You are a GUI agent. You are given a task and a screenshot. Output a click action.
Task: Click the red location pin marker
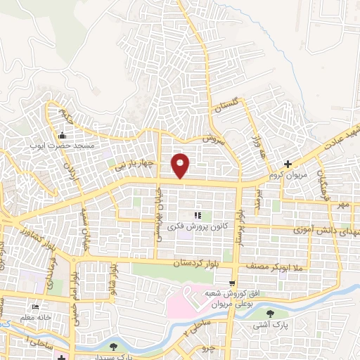tap(181, 165)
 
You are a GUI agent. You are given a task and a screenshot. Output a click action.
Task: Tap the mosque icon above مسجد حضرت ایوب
tap(63, 136)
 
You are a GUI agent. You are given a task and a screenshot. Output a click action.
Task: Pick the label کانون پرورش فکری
tap(197, 226)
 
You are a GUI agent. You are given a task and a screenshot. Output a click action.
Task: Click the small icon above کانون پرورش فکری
tap(198, 215)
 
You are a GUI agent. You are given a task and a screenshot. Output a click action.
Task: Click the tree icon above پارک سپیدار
tap(113, 346)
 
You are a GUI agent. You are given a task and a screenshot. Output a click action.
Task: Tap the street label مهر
tap(342, 205)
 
